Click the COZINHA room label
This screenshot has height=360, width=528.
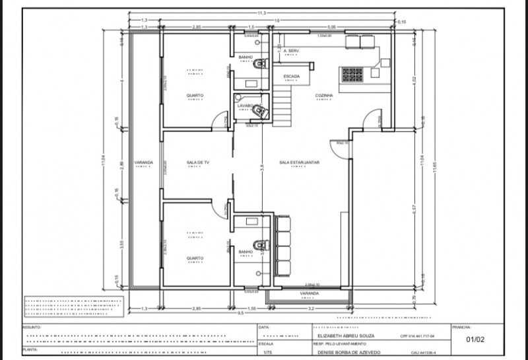point(323,95)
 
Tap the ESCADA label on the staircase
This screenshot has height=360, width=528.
point(291,76)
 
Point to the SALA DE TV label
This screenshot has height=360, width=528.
point(197,162)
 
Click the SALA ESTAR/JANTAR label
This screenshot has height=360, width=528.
point(295,162)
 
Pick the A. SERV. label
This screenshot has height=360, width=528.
point(291,50)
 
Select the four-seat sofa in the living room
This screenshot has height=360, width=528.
point(282,246)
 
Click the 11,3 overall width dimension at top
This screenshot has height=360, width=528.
point(261,13)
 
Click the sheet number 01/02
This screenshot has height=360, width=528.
point(475,340)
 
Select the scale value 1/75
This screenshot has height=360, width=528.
point(266,353)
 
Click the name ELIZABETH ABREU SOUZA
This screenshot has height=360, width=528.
point(342,336)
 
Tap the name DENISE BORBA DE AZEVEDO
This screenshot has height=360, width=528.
point(350,353)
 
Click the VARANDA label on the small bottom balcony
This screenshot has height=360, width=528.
point(309,293)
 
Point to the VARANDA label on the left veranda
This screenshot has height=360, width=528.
point(143,162)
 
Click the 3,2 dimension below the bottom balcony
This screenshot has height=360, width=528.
point(308,308)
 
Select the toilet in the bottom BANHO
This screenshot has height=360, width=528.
point(261,244)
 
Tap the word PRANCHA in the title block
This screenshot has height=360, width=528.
point(461,327)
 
